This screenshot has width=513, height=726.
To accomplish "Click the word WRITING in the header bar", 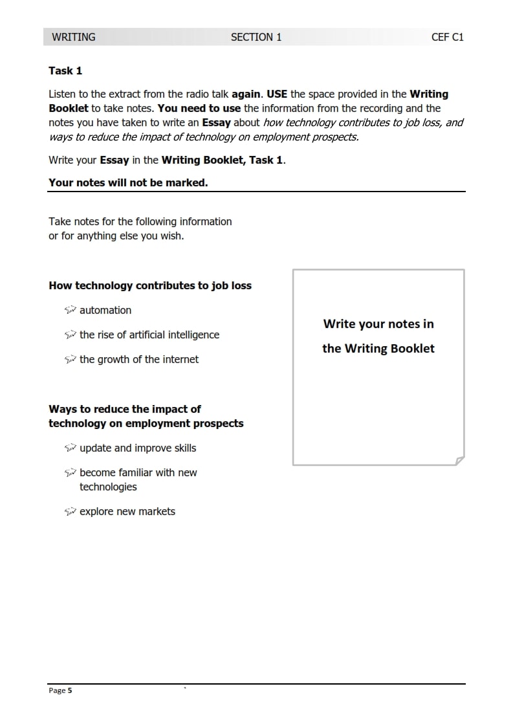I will (x=73, y=37).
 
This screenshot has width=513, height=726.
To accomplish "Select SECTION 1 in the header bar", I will (x=256, y=37).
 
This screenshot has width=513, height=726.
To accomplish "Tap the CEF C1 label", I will (x=448, y=37).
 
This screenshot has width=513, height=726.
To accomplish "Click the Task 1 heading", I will (x=65, y=71).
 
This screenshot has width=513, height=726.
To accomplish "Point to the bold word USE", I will (x=277, y=94).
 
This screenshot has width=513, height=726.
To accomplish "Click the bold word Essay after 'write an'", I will (x=217, y=122).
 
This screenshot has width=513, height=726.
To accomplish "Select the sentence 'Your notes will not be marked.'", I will (x=128, y=182).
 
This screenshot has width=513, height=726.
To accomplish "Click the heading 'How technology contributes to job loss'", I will (x=150, y=285).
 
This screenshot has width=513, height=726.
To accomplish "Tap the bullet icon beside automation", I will (x=71, y=310).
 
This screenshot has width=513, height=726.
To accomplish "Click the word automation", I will (x=105, y=310).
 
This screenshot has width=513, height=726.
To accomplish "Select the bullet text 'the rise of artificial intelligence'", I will (x=149, y=335).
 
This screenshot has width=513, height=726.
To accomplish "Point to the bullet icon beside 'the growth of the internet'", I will (x=71, y=359).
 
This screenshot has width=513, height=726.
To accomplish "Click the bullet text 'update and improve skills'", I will (x=138, y=448).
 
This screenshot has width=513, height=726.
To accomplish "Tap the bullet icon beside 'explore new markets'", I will (x=71, y=511).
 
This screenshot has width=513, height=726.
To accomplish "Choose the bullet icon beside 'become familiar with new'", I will (x=71, y=472).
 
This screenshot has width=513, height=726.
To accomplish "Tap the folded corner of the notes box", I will (x=459, y=460).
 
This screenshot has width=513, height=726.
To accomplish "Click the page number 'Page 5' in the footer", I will (x=60, y=690).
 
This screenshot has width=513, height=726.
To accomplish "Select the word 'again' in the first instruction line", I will (x=246, y=94).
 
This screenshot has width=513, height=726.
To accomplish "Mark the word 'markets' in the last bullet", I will (x=157, y=511).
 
